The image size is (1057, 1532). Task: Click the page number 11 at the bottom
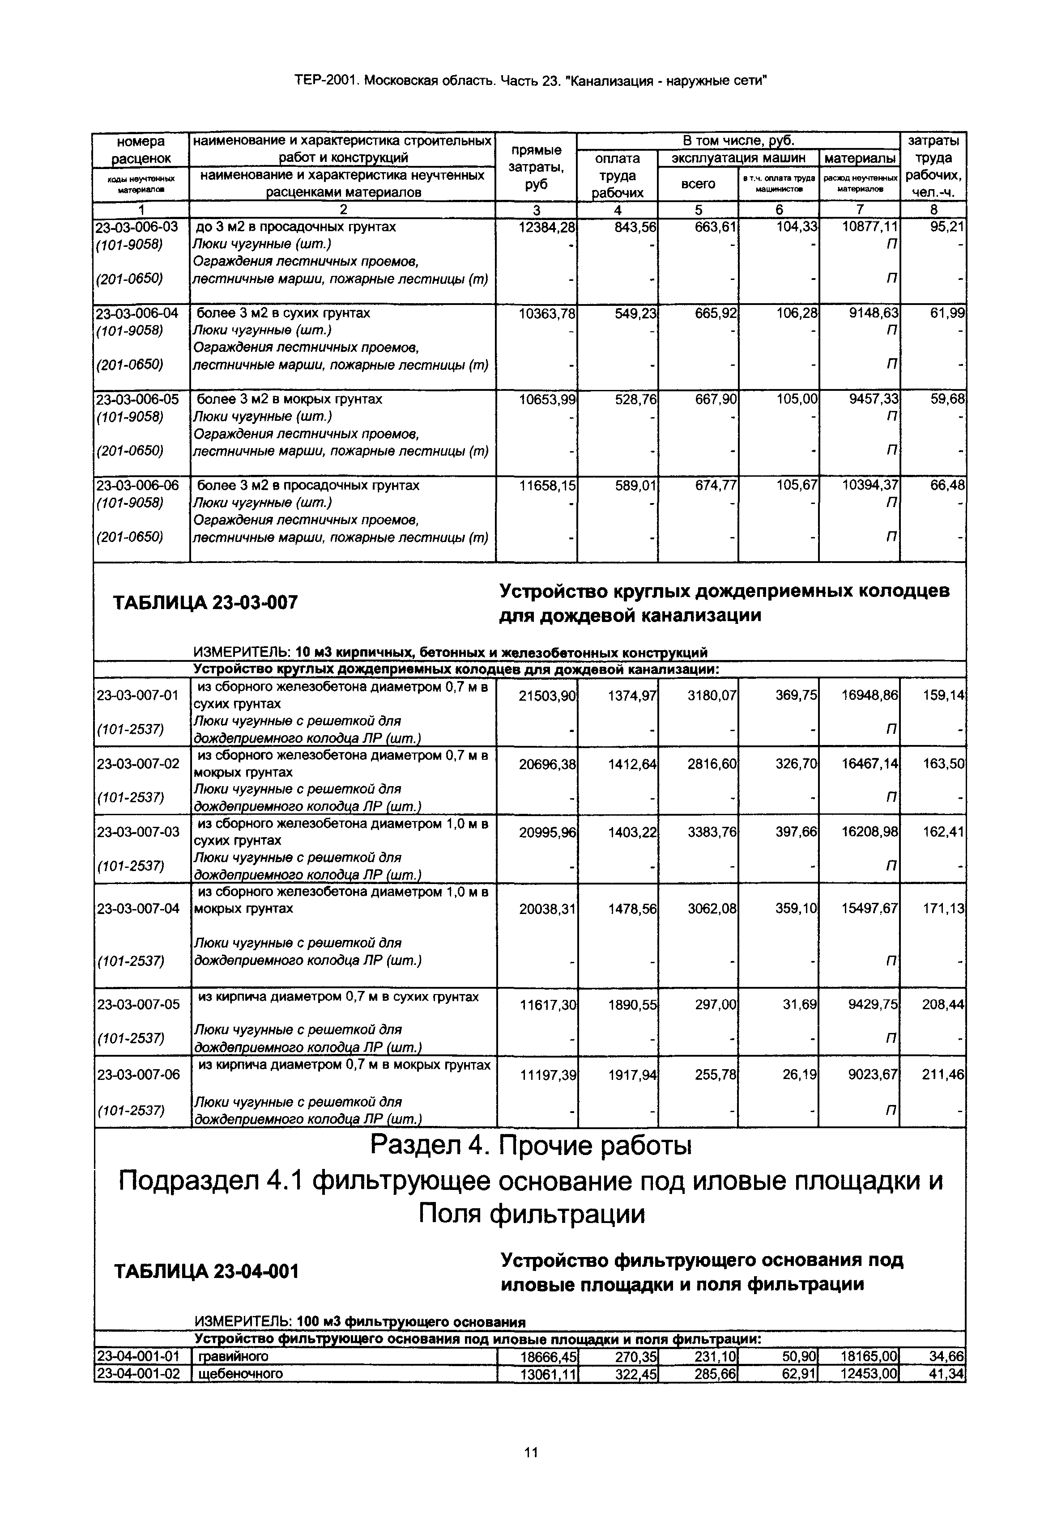coord(530,1452)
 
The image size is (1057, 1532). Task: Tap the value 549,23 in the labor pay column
coord(634,313)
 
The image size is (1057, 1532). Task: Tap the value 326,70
coord(796,764)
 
